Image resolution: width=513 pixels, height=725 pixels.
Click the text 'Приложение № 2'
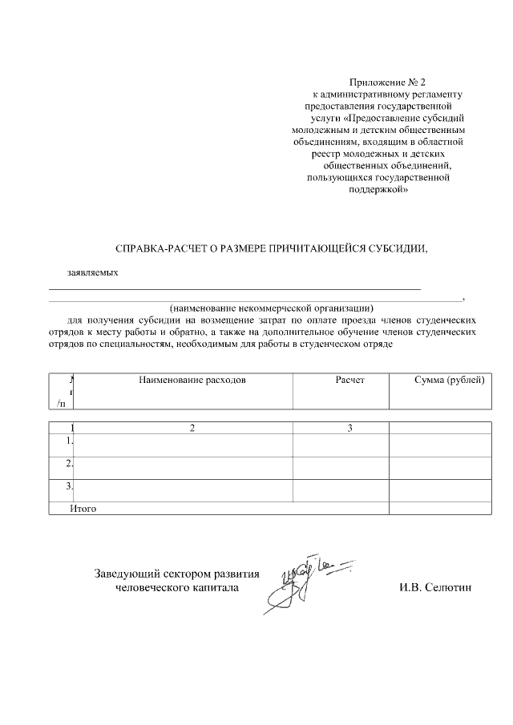[381, 83]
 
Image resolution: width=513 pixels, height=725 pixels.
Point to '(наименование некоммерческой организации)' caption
[272, 308]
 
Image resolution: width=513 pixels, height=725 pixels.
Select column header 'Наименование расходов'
[192, 380]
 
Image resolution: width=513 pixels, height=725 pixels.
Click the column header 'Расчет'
[349, 380]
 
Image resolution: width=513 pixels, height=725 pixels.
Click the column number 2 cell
[192, 428]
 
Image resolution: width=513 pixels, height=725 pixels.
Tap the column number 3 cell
[350, 428]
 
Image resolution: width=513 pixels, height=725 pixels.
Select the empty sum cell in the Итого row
[439, 508]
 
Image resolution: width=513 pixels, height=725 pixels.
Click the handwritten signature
[301, 581]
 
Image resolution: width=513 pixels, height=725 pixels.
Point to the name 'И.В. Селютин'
[436, 588]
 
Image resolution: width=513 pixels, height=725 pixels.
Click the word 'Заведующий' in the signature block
[128, 574]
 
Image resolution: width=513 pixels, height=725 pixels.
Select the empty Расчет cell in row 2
[341, 465]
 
